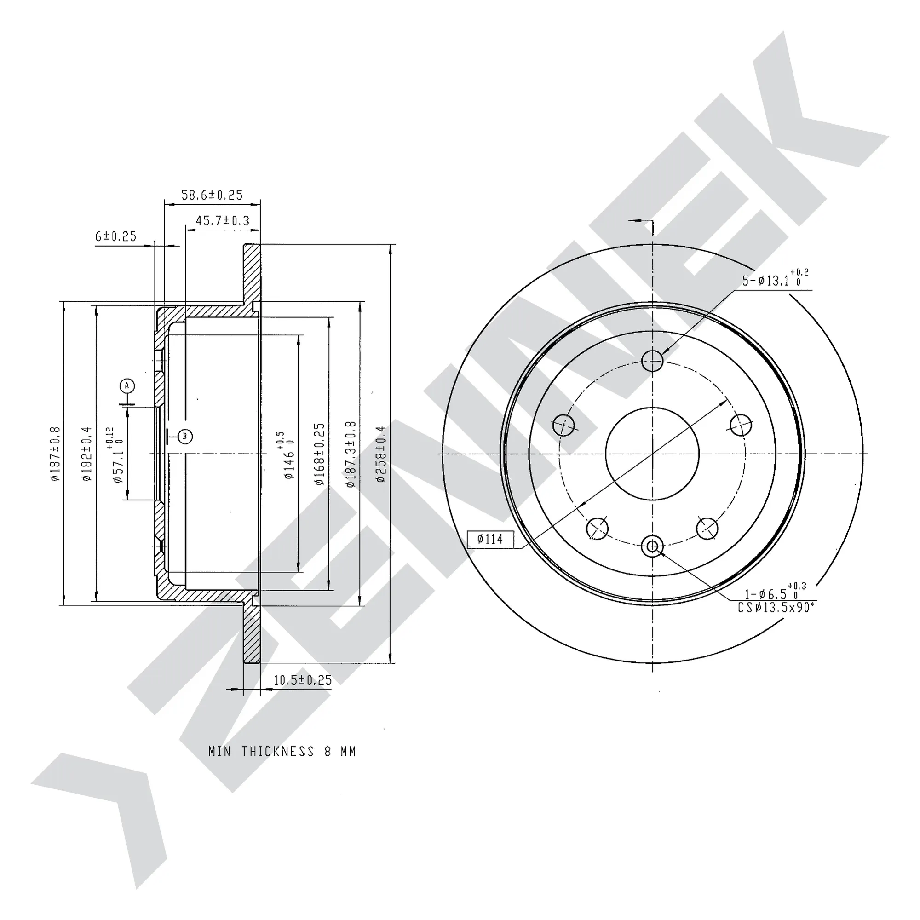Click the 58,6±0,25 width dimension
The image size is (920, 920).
point(212,195)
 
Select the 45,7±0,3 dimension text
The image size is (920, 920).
point(222,220)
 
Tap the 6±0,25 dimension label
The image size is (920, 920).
point(116,236)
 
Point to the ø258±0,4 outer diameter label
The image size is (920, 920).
point(381,454)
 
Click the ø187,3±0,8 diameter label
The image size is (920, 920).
point(351,454)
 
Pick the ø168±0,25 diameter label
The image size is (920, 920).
point(320,454)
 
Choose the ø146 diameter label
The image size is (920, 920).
point(287,455)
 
